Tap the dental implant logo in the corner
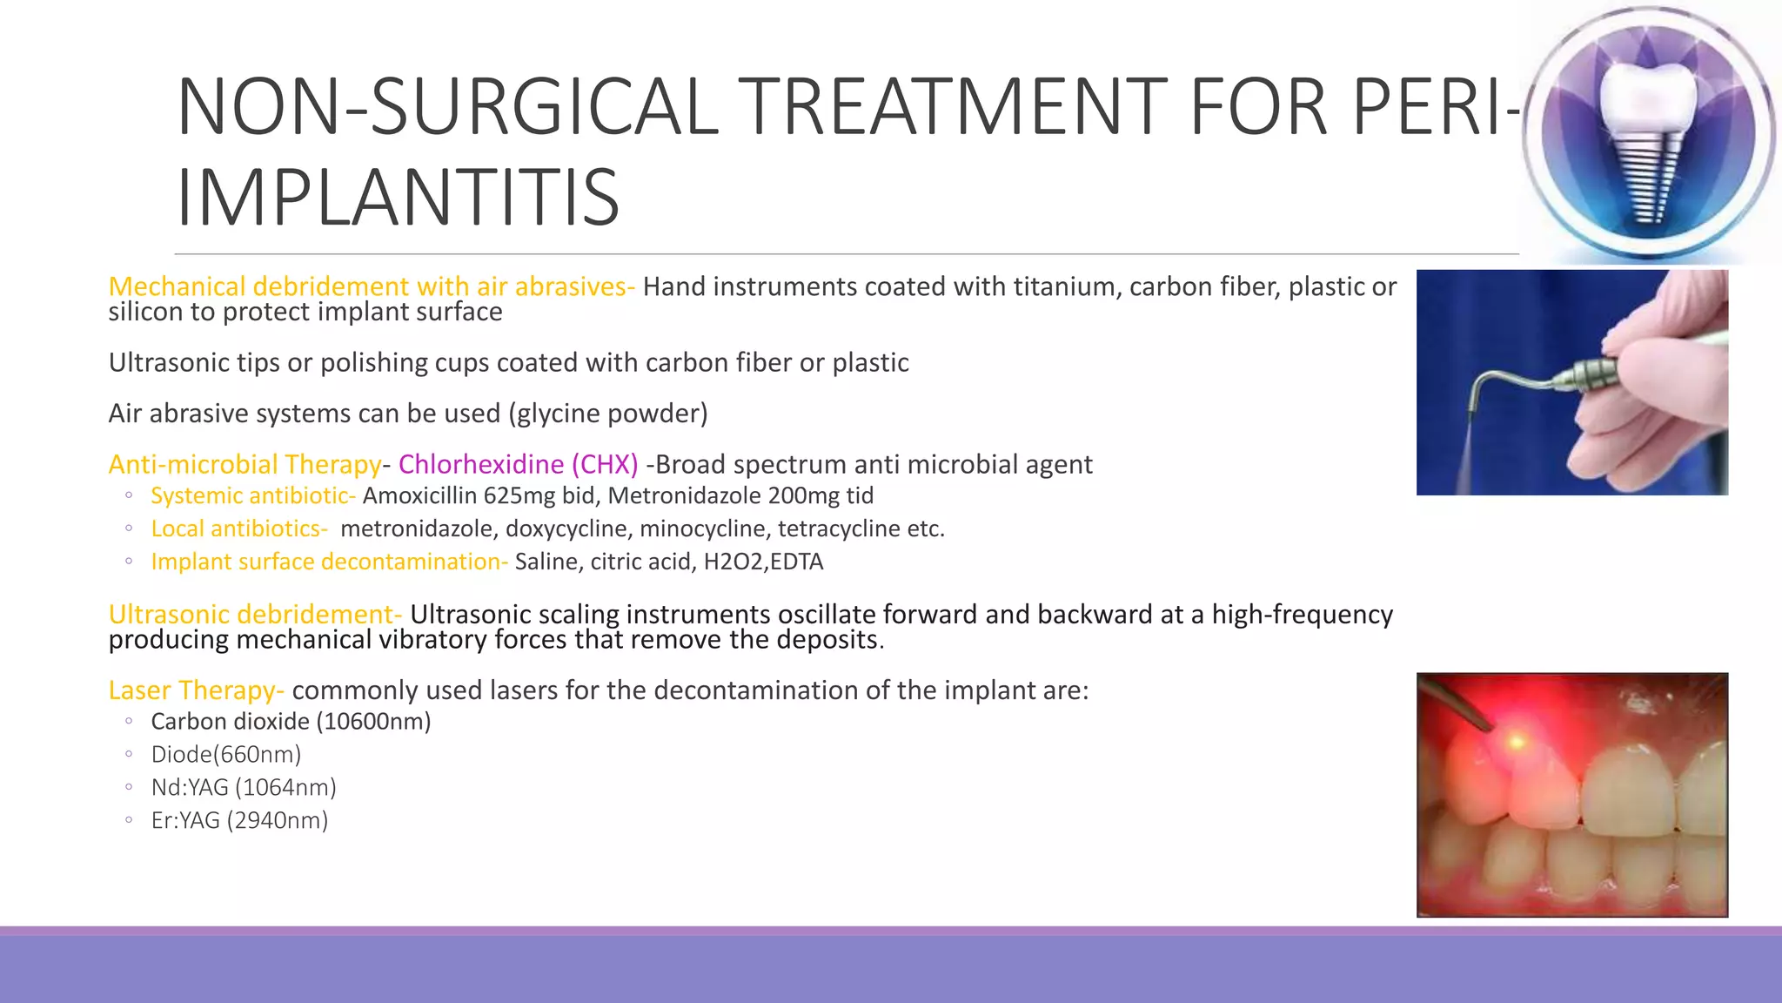tap(1648, 133)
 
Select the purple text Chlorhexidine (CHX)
tap(518, 464)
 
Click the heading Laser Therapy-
tap(196, 690)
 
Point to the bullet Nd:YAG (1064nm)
tap(244, 787)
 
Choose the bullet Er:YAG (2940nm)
tap(239, 820)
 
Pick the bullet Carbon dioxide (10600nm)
tap(291, 721)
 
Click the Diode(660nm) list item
tap(226, 754)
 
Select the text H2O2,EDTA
tap(763, 562)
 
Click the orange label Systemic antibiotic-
tap(253, 495)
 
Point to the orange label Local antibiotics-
tap(239, 528)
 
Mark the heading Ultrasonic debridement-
tap(255, 615)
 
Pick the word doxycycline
tap(566, 528)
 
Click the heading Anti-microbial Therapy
tap(245, 464)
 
